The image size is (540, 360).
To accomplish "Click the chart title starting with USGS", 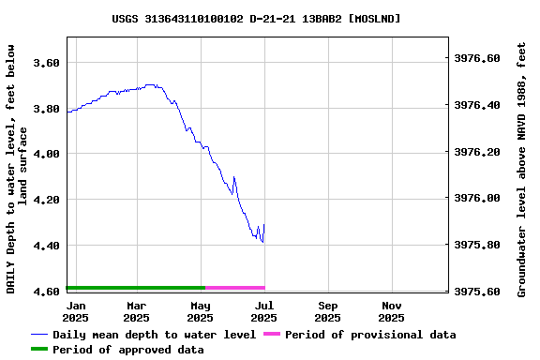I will pos(256,18).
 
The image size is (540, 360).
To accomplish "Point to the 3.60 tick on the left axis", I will pos(47,63).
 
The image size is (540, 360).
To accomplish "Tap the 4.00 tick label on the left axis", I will pos(47,154).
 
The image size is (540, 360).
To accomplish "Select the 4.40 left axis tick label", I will pos(47,246).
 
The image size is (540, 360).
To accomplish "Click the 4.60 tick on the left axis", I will pos(47,292).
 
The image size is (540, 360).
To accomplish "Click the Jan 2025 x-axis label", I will pos(77,311).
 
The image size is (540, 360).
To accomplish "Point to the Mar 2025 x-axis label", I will pos(137,311).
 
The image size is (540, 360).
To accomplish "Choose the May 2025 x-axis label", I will pos(201,311).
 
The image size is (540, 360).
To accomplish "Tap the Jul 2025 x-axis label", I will pos(264,311).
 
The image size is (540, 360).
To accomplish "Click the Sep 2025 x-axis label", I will pos(328,311).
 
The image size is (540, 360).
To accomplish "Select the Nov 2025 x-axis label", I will pos(392,311).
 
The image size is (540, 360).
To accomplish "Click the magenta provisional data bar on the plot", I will pos(235,288).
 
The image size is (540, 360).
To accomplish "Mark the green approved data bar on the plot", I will pos(136,288).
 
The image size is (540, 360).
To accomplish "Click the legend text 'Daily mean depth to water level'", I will pos(154,335).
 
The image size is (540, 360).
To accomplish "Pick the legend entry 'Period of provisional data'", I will pos(370,335).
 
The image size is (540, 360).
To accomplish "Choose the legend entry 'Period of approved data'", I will pos(127,350).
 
